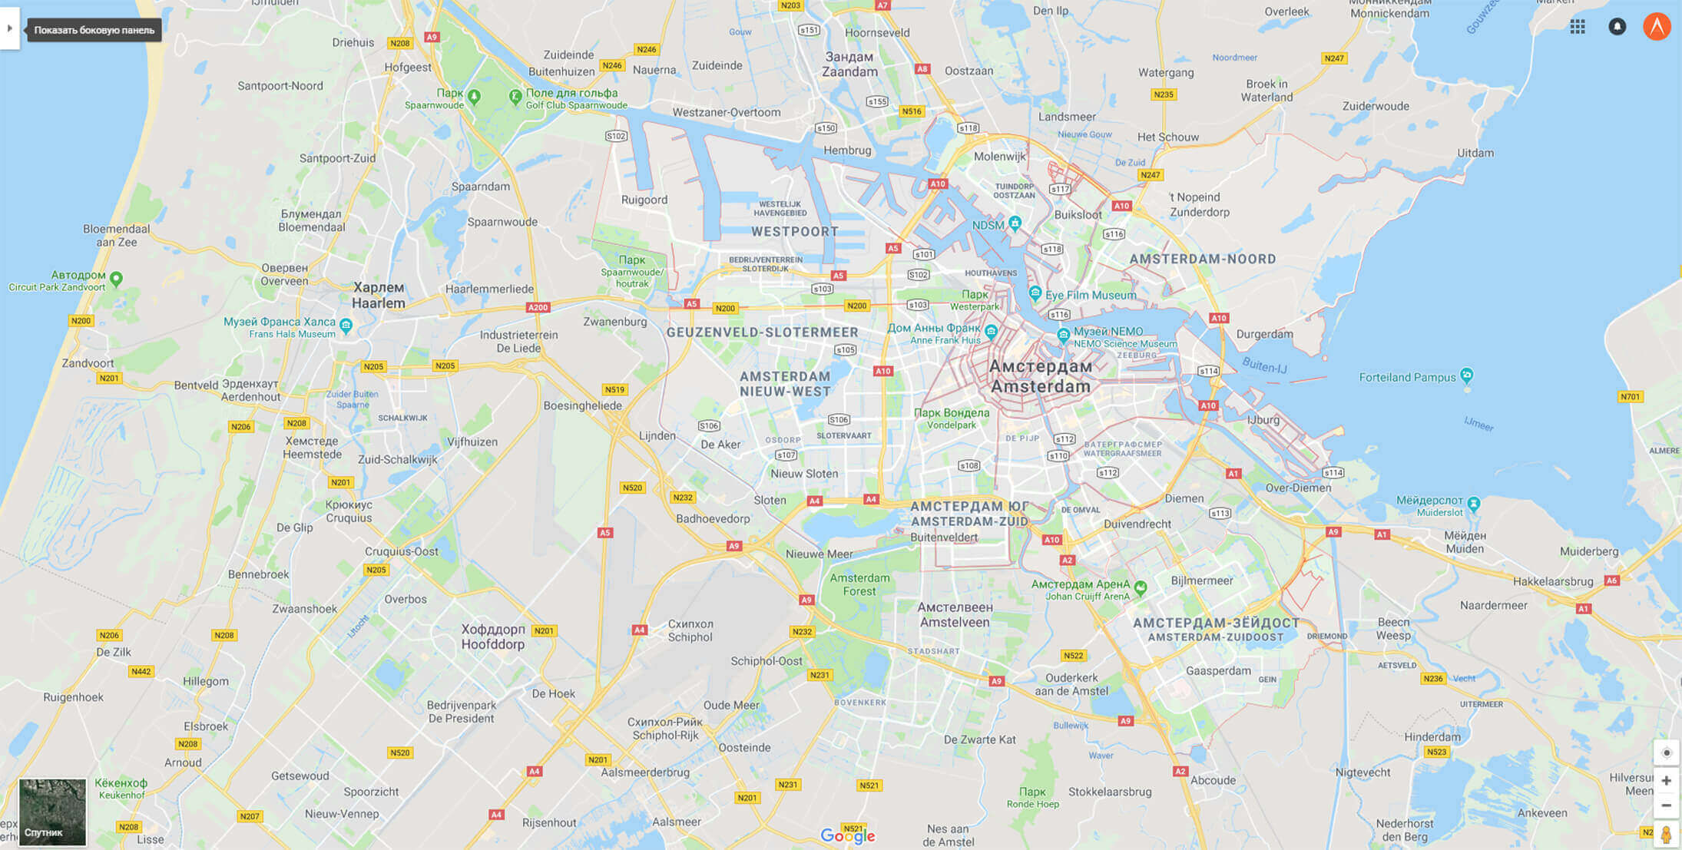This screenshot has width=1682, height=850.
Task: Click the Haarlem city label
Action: coord(378,295)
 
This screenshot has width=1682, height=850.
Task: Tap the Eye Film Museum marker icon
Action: coord(1035,293)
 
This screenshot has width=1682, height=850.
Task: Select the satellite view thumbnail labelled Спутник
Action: coord(52,812)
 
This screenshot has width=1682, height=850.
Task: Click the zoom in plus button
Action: coord(1666,781)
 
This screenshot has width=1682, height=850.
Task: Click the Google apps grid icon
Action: coord(1578,27)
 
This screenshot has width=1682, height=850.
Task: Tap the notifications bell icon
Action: coord(1617,27)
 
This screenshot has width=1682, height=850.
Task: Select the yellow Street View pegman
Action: coord(1666,835)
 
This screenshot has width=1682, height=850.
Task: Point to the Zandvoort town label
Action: coord(88,363)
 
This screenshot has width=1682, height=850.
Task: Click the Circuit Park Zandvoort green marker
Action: coord(116,278)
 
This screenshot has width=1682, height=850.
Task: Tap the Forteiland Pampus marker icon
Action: coord(1467,375)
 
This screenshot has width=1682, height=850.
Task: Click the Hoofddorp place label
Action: coord(492,637)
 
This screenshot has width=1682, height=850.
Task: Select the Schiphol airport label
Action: coord(690,630)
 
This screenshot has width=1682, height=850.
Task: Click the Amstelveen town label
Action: coord(955,614)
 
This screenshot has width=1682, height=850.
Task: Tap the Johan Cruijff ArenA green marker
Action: coord(1141,587)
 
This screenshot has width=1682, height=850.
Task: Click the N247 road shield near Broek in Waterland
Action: coord(1334,58)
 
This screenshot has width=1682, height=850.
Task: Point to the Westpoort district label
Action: coord(794,231)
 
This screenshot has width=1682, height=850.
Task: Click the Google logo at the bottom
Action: coord(847,835)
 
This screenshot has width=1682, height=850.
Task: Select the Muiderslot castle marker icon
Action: coord(1473,504)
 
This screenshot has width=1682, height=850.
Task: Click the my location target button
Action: coord(1666,752)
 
